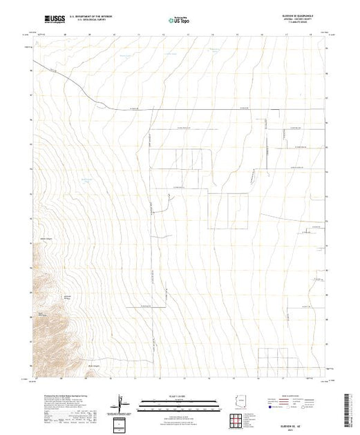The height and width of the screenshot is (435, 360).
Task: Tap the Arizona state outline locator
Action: tap(241, 403)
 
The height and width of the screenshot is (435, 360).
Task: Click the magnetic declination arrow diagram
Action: tap(122, 403)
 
